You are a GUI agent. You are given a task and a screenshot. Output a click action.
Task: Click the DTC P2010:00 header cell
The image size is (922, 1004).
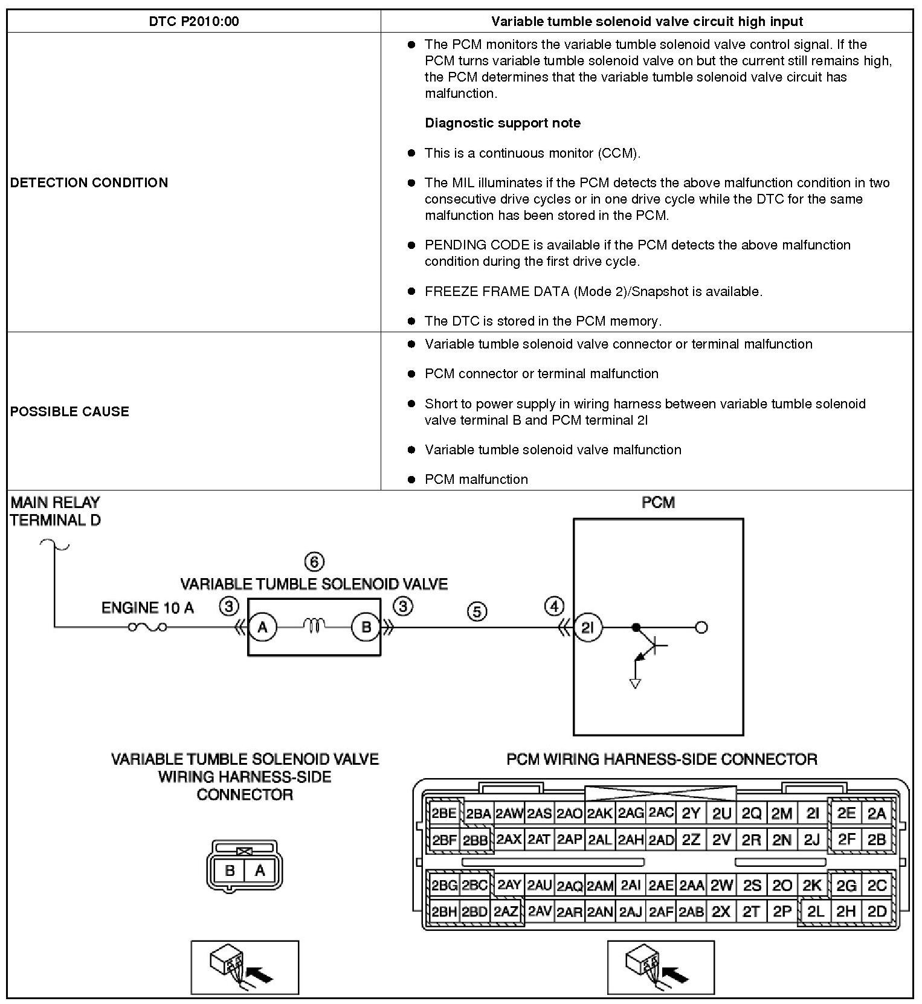point(193,22)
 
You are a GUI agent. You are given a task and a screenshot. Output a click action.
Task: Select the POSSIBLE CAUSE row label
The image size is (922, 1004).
point(69,411)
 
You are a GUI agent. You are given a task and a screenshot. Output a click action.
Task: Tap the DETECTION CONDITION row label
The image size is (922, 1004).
point(89,182)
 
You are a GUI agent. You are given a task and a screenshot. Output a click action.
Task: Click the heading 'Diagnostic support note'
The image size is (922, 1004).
point(503,123)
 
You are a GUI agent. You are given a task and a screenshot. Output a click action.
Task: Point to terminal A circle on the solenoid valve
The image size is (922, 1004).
point(262,628)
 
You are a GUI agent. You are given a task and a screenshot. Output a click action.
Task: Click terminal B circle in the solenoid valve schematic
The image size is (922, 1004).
point(366,628)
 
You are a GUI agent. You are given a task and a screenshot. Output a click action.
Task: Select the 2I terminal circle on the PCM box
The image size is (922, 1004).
point(587,628)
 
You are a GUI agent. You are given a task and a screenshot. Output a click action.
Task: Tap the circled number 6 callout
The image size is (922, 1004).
point(314,562)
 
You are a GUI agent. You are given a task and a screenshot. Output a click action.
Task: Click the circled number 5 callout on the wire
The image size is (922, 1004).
point(477,612)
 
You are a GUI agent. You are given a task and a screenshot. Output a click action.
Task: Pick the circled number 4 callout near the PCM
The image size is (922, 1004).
point(554,606)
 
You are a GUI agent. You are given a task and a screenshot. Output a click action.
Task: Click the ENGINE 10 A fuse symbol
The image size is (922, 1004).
point(147,628)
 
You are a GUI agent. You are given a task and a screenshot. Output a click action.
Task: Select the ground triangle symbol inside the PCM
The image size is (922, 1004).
point(635,683)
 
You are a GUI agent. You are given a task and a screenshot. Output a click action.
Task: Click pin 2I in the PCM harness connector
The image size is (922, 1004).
point(813,814)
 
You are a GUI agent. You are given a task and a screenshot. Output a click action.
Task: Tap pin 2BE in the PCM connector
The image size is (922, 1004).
point(444,814)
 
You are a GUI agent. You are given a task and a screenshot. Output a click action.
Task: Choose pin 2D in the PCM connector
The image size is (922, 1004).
point(877,912)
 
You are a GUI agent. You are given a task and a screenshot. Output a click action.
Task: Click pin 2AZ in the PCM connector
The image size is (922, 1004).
point(506,912)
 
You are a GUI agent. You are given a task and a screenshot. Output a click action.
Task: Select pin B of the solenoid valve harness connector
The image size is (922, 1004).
point(230,870)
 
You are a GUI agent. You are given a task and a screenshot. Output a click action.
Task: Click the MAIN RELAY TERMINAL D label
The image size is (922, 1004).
point(55,511)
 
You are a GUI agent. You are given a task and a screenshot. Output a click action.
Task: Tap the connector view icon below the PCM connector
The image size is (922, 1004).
point(660,967)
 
